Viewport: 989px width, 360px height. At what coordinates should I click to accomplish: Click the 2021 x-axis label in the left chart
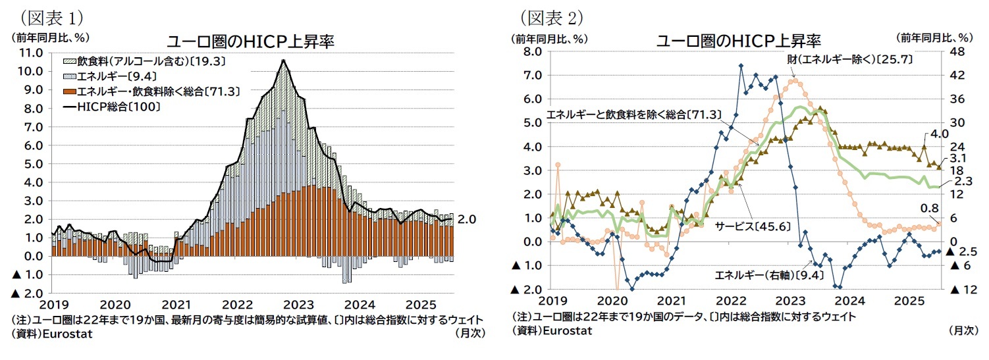(x=176, y=305)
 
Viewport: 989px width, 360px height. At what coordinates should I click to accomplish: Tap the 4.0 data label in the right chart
(x=938, y=134)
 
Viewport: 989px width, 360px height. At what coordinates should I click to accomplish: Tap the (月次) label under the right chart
(x=963, y=331)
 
